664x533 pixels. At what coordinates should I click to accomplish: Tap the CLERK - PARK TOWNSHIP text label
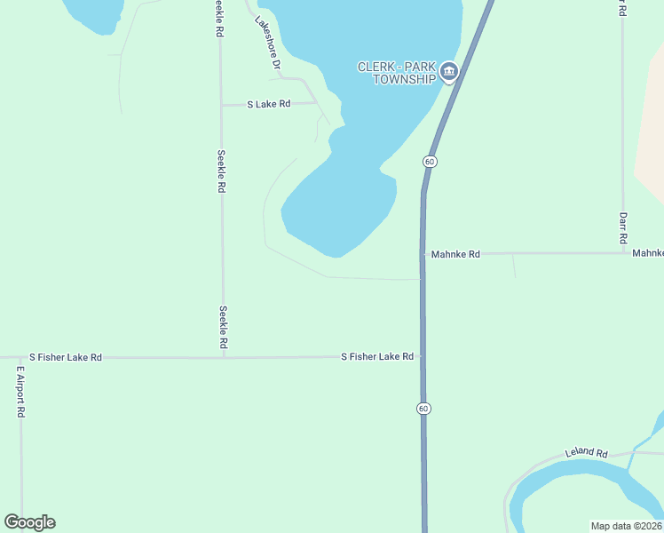[x=398, y=73]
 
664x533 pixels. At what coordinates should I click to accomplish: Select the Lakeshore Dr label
[x=267, y=44]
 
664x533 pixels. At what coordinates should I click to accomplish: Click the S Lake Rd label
[x=269, y=104]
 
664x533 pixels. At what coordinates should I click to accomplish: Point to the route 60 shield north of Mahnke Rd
[x=430, y=161]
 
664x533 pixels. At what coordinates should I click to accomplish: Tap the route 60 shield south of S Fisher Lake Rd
[x=423, y=408]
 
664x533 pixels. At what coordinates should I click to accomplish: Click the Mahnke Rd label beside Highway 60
[x=455, y=254]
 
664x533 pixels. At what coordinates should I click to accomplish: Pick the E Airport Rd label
[x=20, y=389]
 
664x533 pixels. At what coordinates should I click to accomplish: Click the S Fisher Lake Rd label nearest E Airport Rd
[x=66, y=357]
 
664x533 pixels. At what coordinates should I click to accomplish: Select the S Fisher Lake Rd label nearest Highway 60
[x=377, y=356]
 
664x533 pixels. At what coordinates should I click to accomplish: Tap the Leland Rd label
[x=586, y=453]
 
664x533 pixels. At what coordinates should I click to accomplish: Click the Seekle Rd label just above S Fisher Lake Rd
[x=223, y=326]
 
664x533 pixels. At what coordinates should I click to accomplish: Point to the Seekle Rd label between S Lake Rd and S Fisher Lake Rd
[x=221, y=171]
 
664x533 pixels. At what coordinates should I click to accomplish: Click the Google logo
[x=29, y=522]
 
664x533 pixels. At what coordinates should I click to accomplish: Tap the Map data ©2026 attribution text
[x=626, y=526]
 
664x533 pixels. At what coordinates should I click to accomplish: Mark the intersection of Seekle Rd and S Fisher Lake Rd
[x=223, y=357]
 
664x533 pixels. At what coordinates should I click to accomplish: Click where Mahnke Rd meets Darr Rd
[x=623, y=253]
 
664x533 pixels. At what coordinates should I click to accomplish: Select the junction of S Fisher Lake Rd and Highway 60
[x=423, y=356]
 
